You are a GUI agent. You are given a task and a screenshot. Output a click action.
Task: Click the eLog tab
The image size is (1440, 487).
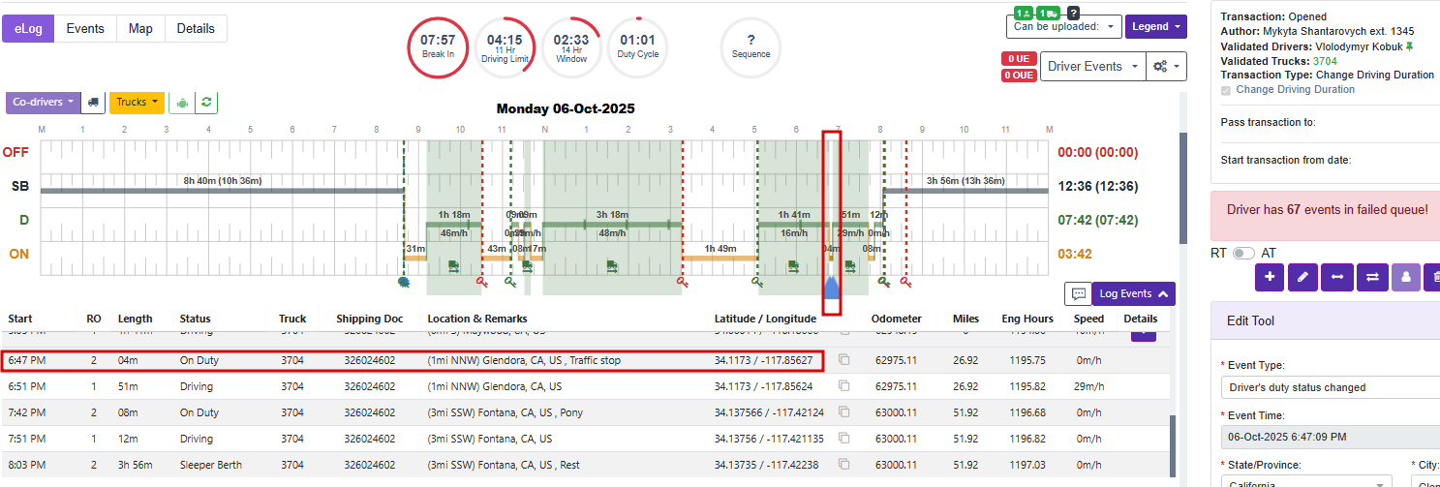click(28, 28)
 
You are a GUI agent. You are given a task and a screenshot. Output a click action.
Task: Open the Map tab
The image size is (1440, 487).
click(140, 28)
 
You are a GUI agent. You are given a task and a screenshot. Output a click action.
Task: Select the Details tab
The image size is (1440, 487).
click(196, 28)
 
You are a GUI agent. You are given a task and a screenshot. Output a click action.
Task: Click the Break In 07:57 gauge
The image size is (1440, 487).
click(438, 46)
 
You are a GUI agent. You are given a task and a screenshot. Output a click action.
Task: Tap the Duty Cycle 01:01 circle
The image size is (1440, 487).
click(637, 46)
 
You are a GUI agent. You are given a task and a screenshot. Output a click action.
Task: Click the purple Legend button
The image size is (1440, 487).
click(1155, 26)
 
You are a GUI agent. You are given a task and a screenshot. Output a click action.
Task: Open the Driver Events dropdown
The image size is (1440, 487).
click(1091, 66)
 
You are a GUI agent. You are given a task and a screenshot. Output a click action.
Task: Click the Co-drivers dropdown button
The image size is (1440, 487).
click(44, 102)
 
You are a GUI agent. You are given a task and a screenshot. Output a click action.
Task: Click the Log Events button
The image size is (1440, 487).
click(1133, 293)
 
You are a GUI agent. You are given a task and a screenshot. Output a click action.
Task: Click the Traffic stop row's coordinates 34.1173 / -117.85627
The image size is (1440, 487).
click(764, 360)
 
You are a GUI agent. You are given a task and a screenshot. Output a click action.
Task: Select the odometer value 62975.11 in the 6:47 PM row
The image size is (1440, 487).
click(895, 360)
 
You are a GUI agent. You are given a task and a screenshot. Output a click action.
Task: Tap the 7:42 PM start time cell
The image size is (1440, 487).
click(27, 412)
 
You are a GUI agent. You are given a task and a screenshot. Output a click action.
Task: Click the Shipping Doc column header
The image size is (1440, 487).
click(370, 319)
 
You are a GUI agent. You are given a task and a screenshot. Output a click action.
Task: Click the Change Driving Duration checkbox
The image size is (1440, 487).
click(1227, 90)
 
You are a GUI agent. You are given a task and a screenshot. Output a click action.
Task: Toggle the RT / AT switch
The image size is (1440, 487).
click(1243, 253)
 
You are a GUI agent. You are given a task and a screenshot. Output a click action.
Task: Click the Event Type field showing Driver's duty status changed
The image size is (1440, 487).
click(1327, 387)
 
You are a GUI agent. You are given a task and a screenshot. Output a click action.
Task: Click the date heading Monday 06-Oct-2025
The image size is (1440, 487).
click(566, 108)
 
